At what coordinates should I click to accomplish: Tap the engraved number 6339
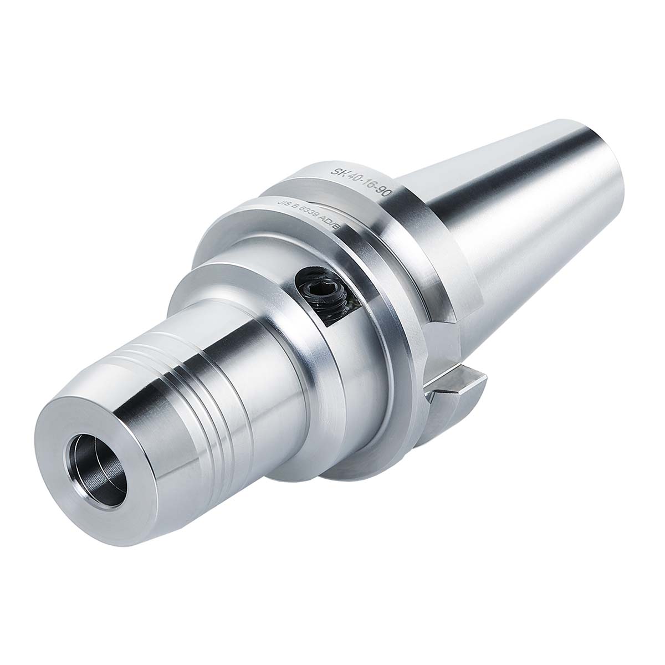[311, 218]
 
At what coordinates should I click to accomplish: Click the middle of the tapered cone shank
[499, 222]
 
